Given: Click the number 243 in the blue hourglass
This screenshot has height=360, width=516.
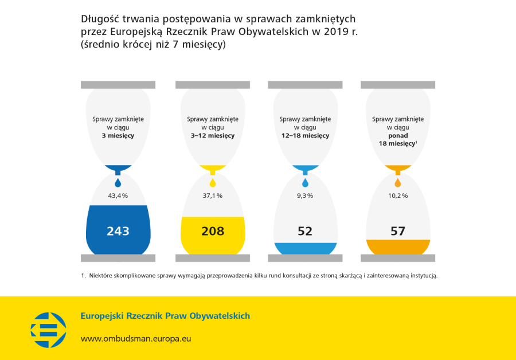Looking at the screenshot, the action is [118, 231].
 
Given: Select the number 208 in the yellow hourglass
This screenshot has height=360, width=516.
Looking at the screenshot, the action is [213, 231].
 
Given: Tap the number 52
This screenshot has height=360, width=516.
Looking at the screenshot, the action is [305, 231].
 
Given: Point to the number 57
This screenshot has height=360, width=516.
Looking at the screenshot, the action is [397, 231].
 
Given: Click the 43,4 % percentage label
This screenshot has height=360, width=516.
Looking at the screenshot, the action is [118, 196].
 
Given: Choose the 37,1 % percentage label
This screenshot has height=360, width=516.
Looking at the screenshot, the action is [213, 196].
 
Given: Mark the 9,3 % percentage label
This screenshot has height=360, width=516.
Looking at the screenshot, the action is [305, 196].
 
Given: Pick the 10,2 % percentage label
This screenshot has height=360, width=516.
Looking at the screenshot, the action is [398, 196].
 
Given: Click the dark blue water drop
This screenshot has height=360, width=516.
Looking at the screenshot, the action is [118, 183].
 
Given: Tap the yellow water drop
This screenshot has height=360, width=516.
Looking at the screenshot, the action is [213, 183].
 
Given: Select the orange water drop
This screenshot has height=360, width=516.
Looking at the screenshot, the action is [398, 183].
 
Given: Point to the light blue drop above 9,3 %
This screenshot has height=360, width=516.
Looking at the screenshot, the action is [305, 183].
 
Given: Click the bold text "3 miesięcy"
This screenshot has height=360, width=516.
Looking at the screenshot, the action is [118, 136].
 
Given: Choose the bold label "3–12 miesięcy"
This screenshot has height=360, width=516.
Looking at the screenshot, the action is [213, 136].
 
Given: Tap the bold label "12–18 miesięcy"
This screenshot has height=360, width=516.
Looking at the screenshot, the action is [305, 136].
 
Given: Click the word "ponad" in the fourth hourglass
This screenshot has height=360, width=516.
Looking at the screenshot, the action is [398, 136].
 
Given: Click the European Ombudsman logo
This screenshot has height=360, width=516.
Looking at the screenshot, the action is [48, 330].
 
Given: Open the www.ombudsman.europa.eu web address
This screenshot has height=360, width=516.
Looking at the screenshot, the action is [136, 339].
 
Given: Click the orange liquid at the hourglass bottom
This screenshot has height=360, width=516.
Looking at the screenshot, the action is [398, 247].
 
